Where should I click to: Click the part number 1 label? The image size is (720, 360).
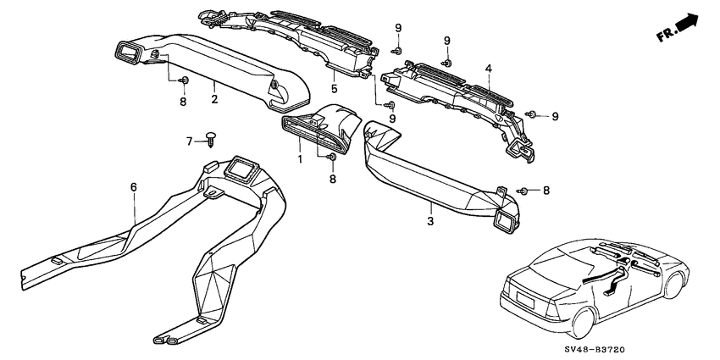pos(300,160)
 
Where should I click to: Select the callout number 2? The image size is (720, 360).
pos(214,99)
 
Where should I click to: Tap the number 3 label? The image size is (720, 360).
pos(430,221)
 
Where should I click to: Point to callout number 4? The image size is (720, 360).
pos(489,69)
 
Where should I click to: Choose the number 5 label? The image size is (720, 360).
pos(335,89)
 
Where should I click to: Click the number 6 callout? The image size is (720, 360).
pos(134,187)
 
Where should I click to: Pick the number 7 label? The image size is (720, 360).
pos(189,142)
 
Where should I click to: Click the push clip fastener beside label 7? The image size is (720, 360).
pos(211,139)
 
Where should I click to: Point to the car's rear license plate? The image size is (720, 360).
pos(525,301)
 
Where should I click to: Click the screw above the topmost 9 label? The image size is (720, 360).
pos(397,50)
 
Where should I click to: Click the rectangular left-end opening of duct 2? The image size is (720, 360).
pos(129,53)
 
